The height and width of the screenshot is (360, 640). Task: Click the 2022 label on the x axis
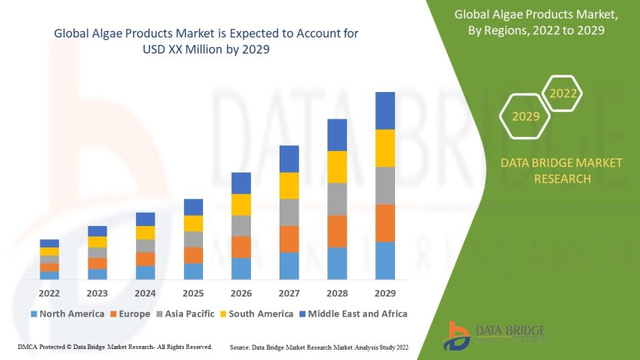pos(49,292)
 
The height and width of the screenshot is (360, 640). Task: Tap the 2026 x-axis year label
pos(241,292)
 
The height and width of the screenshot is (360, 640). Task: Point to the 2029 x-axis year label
pos(385,292)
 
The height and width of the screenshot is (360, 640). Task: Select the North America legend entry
pos(67,314)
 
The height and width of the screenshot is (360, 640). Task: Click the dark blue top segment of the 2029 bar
pos(385,110)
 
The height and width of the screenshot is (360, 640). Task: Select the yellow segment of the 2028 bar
pos(337,166)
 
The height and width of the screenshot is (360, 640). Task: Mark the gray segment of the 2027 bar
pos(289,212)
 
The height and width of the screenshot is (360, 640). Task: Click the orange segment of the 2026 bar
pos(241,247)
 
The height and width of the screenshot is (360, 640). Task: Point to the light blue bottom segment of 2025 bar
pos(193,271)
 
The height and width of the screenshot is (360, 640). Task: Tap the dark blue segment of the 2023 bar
pos(97,231)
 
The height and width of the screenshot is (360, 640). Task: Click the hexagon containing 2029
pos(525,116)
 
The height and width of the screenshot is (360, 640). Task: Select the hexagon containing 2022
pos(563,93)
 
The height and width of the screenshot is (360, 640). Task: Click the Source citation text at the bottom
pos(319,346)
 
